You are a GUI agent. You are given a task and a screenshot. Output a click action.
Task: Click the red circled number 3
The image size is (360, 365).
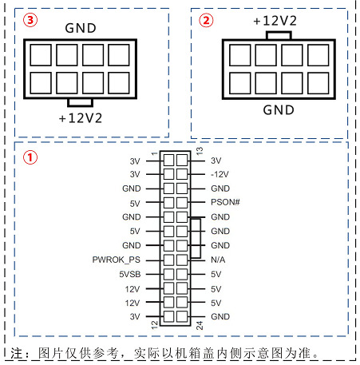[30, 20]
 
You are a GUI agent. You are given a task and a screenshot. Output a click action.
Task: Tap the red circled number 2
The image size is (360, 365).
[207, 20]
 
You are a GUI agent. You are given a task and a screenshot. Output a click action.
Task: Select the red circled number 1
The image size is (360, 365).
[30, 157]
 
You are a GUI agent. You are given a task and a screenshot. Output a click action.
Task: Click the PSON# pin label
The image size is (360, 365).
[225, 202]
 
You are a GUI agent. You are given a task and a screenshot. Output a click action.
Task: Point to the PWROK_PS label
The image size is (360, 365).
[117, 260]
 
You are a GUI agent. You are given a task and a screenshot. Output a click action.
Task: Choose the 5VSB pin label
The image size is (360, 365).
[130, 274]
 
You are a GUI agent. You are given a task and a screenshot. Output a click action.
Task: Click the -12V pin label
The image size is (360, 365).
[220, 174]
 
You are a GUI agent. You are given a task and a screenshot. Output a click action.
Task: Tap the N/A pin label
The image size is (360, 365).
[218, 260]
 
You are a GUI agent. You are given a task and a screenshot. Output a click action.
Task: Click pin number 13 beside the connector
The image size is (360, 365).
[200, 151]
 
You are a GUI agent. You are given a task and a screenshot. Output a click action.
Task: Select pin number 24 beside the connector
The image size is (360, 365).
[200, 325]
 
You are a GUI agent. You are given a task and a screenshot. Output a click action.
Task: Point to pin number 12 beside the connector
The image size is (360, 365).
[154, 325]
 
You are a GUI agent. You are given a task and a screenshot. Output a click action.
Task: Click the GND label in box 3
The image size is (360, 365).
[81, 28]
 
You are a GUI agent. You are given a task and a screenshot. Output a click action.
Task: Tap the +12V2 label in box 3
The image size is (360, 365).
[81, 118]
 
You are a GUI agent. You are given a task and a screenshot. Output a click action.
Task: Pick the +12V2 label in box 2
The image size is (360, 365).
[275, 21]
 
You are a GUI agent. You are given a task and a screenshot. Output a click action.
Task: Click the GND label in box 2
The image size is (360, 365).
[279, 110]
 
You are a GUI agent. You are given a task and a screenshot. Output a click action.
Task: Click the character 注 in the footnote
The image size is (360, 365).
[17, 354]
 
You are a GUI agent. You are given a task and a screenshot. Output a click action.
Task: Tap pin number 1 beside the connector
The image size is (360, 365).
[154, 153]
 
